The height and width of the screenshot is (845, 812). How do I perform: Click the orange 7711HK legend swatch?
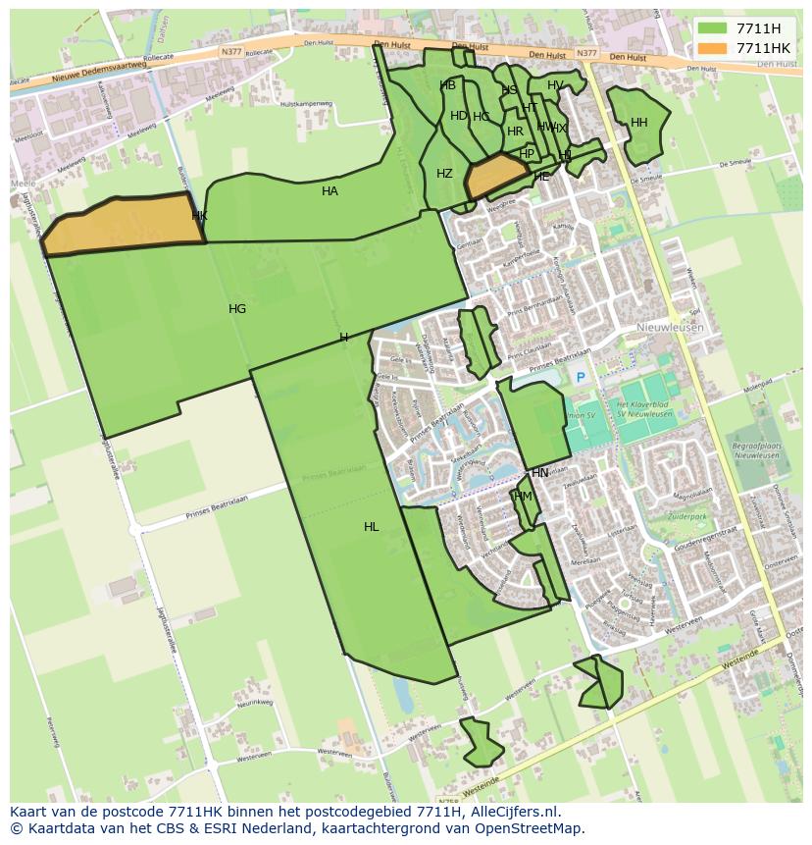point(712,48)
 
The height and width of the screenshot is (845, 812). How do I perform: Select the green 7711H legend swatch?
point(712,28)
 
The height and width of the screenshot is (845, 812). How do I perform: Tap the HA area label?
point(330,191)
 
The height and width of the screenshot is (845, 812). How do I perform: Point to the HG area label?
point(237,309)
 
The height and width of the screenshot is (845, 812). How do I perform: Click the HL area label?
point(371,527)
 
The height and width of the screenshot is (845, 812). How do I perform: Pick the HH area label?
point(639,123)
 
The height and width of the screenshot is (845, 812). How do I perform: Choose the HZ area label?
point(444,174)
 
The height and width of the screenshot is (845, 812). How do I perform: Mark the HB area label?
point(448,85)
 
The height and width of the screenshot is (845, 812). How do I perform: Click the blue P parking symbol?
point(580,377)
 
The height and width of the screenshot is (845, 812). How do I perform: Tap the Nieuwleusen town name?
point(669,329)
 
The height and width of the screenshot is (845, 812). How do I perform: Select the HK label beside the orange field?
point(200,216)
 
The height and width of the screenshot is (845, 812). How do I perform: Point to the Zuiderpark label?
point(686,515)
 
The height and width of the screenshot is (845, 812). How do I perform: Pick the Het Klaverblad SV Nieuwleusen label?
point(643,409)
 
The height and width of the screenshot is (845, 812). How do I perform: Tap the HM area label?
point(523,497)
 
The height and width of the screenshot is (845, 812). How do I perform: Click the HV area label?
point(555,85)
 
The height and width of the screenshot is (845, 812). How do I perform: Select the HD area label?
point(459,116)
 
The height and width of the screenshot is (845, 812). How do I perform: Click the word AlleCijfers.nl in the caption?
point(511,812)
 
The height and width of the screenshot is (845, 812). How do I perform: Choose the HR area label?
point(515,132)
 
